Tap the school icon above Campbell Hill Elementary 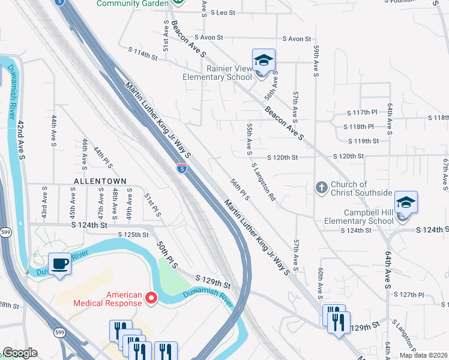pyautogui.click(x=405, y=203)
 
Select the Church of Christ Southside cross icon pyautogui.click(x=322, y=188)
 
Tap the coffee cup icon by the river pyautogui.click(x=59, y=263)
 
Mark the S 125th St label pyautogui.click(x=133, y=235)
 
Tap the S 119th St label pyautogui.click(x=364, y=141)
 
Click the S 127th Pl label pyautogui.click(x=410, y=295)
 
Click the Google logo pyautogui.click(x=20, y=353)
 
